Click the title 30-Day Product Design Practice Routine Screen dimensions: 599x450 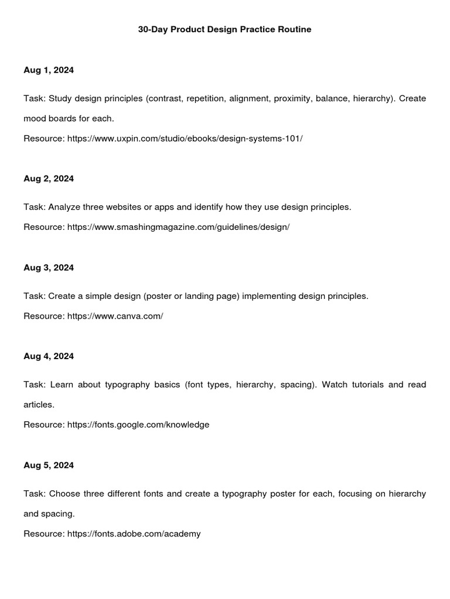(224, 29)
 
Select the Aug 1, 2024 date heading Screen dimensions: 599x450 (49, 70)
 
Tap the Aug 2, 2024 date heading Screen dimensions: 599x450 (49, 179)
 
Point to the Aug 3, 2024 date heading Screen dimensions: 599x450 (49, 268)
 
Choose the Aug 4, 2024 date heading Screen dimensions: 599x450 (49, 356)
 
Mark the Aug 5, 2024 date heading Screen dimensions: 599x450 (49, 466)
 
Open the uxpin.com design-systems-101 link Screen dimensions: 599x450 (185, 139)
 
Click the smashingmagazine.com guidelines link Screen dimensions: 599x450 (178, 227)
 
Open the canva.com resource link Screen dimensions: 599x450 (115, 316)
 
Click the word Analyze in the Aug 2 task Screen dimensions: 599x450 (65, 207)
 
